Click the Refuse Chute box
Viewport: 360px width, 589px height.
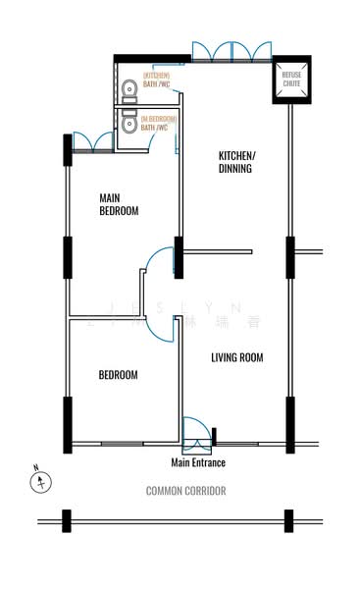click(292, 80)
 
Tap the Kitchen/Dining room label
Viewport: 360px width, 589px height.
click(236, 162)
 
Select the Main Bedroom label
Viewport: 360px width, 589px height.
click(119, 204)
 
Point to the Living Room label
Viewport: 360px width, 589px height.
click(237, 357)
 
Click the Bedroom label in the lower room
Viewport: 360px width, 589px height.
click(118, 375)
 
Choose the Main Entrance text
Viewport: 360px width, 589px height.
click(198, 462)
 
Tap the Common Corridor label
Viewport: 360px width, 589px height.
click(186, 490)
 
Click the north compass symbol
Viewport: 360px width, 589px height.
click(41, 482)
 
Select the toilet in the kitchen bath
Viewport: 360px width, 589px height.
click(129, 90)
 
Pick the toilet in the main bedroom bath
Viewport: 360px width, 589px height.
click(129, 122)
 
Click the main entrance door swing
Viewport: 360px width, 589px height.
click(195, 432)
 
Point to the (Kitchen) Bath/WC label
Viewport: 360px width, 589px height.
click(157, 80)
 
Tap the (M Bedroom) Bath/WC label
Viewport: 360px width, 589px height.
click(158, 123)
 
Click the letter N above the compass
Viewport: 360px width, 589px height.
click(35, 467)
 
